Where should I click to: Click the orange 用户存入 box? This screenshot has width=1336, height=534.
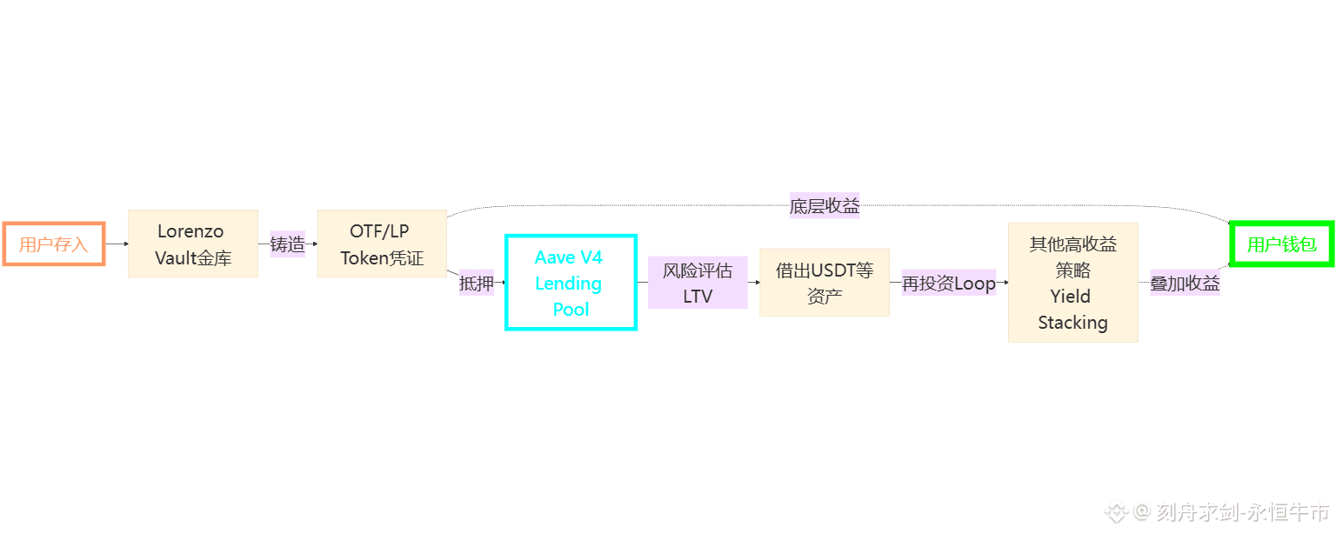click(54, 244)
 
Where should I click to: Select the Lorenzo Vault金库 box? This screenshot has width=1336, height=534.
click(193, 244)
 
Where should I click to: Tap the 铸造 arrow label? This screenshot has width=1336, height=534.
click(288, 244)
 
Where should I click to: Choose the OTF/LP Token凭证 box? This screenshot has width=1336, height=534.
click(382, 244)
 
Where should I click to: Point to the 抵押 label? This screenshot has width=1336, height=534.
click(476, 283)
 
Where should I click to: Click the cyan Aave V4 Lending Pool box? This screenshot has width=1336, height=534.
click(571, 283)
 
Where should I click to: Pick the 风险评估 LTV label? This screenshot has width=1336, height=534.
click(698, 283)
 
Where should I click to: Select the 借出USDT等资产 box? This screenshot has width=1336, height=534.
click(825, 283)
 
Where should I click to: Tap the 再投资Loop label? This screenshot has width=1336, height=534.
click(948, 283)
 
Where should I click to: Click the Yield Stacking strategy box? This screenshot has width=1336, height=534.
click(1072, 283)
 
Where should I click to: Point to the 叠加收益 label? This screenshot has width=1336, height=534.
click(1185, 283)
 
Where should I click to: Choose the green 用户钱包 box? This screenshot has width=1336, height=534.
click(1281, 244)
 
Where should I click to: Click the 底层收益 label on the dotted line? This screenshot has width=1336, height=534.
click(825, 206)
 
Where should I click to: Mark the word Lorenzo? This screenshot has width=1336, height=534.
click(190, 231)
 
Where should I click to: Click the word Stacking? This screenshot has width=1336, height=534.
click(1072, 323)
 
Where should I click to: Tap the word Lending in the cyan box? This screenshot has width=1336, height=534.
click(568, 284)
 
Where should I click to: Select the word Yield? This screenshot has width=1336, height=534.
click(1070, 297)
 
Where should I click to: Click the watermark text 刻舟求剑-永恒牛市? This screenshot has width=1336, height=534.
click(1242, 512)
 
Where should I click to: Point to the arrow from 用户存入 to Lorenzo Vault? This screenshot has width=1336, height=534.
click(117, 244)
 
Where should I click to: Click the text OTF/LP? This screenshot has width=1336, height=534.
click(379, 231)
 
